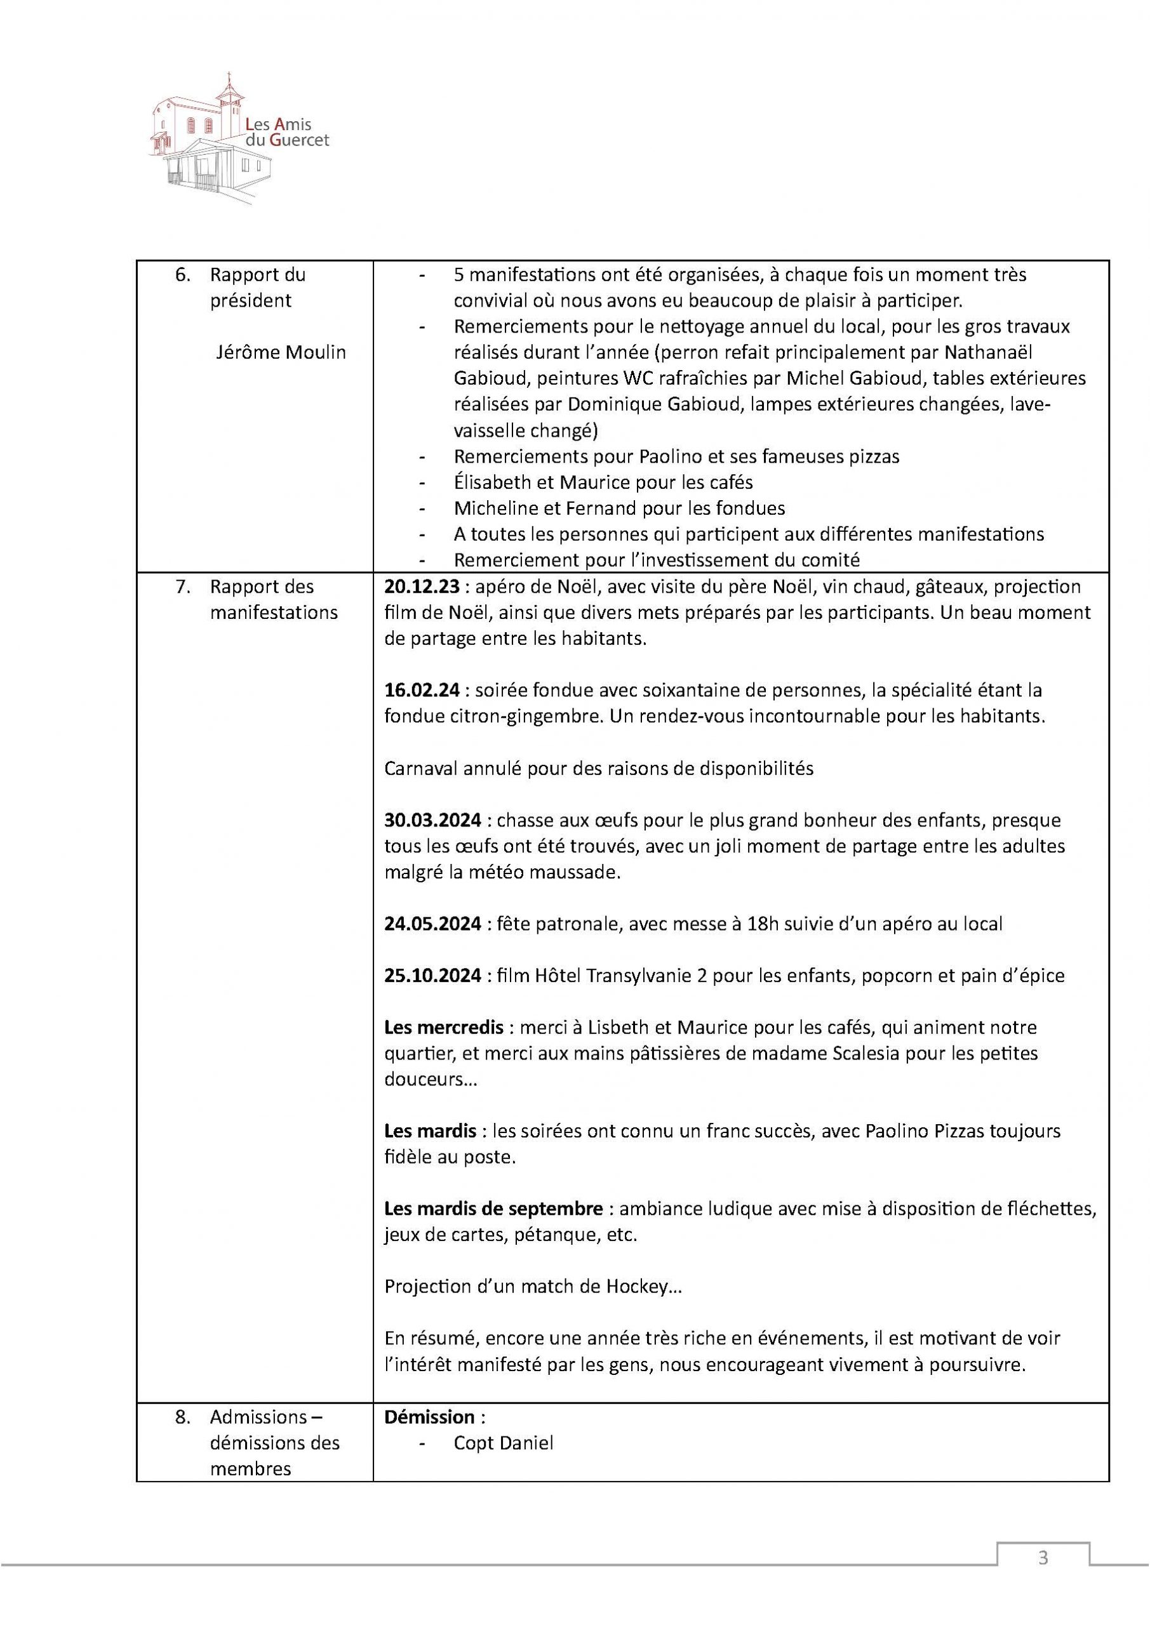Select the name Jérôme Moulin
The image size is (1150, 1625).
(281, 352)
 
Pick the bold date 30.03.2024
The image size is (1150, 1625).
(432, 820)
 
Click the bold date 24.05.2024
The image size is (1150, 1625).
(432, 924)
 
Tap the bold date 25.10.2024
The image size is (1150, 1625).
(432, 975)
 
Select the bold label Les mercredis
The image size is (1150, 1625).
(444, 1028)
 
